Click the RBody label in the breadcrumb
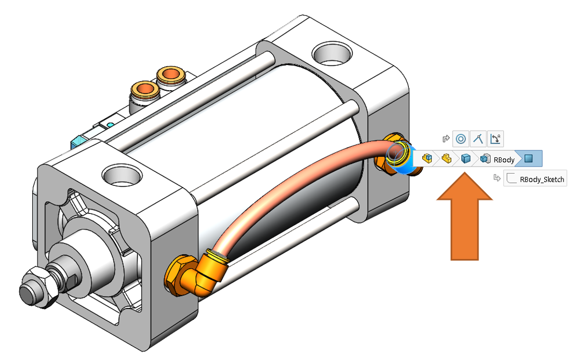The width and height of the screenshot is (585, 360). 504,159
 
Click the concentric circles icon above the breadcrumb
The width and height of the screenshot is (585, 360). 460,139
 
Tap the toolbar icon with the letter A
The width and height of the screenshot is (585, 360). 496,139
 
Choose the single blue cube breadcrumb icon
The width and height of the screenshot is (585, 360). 466,159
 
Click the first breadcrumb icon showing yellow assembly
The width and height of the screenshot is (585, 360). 428,159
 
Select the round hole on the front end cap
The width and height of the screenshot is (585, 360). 123,176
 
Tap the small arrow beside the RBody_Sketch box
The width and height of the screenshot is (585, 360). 497,178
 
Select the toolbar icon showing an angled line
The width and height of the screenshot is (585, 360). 478,139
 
